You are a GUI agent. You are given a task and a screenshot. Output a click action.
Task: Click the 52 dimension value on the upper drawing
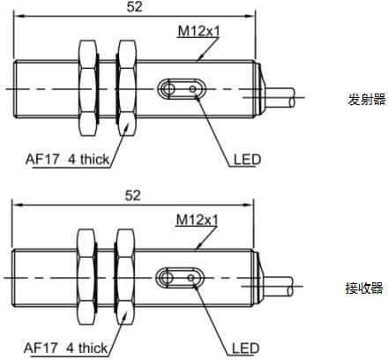point(135,7)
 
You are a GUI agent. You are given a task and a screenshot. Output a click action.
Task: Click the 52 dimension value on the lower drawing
point(133,195)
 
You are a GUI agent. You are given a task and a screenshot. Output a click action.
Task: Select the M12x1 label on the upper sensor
point(198,31)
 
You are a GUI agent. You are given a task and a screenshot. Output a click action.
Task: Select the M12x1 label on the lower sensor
point(197,220)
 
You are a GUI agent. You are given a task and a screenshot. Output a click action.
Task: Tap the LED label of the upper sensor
point(247,160)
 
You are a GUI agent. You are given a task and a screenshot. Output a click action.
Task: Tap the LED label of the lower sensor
point(245,349)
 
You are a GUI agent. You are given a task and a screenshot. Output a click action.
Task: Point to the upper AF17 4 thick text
point(67,160)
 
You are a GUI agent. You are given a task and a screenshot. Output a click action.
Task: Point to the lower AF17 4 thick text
point(65,348)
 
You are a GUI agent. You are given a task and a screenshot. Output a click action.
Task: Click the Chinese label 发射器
point(366,100)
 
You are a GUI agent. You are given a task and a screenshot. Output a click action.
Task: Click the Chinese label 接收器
point(364,288)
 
